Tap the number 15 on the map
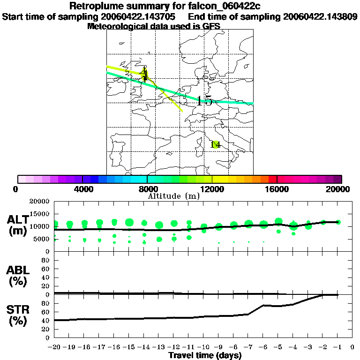coord(205,101)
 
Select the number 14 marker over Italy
coord(215,144)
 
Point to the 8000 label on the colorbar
coord(147,189)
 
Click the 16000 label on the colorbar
coord(277,189)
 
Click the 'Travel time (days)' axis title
coord(205,356)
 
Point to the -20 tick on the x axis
coord(54,347)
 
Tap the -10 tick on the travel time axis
coord(203,347)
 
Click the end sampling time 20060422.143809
coord(320,17)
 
